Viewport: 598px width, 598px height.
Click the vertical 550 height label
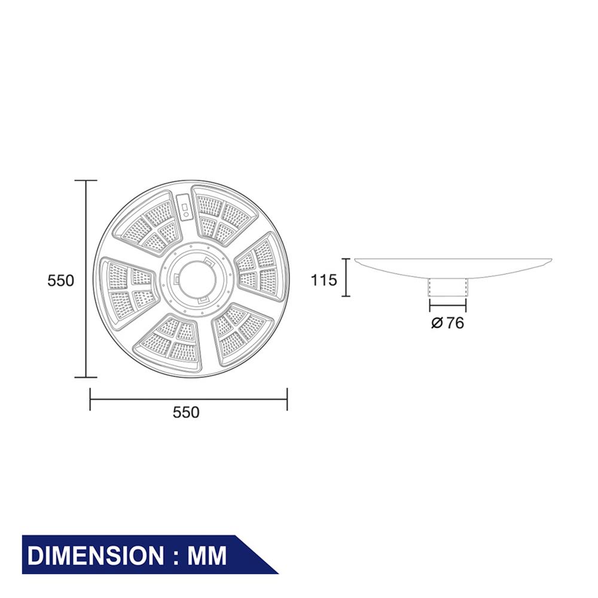tap(61, 280)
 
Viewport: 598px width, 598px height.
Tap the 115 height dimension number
tap(324, 279)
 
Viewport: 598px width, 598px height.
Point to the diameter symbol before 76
tap(437, 324)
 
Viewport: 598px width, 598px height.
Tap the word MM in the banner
tap(207, 556)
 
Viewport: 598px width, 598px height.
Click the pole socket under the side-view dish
tap(447, 288)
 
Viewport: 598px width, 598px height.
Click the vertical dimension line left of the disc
tap(87, 279)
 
